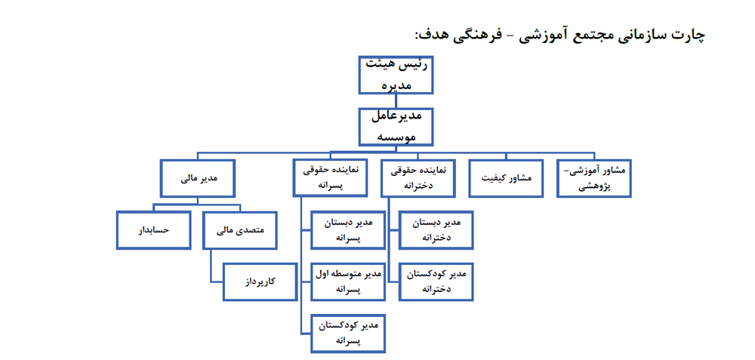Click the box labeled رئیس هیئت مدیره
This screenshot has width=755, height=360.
(x=396, y=75)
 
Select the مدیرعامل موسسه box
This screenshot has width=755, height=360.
(x=396, y=127)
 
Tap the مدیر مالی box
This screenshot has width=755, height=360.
(x=198, y=179)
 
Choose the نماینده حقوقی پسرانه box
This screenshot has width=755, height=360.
(x=331, y=179)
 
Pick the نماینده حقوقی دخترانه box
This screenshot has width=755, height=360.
(x=418, y=179)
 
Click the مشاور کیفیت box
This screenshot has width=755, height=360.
(x=506, y=179)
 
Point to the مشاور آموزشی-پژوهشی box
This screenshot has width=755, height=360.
(x=594, y=179)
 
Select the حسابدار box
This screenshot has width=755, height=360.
(x=153, y=230)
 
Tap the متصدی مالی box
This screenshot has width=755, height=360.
(x=240, y=230)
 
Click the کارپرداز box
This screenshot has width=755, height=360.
(x=260, y=282)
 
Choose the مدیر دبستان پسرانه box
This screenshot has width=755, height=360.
(x=348, y=230)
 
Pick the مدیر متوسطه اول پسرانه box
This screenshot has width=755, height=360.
(x=348, y=282)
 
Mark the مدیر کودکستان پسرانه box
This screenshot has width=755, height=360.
(x=348, y=333)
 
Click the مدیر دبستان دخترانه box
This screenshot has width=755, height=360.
(x=436, y=230)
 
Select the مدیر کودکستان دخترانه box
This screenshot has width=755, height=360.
(x=436, y=282)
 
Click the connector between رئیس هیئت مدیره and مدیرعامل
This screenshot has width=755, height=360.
(x=396, y=101)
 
